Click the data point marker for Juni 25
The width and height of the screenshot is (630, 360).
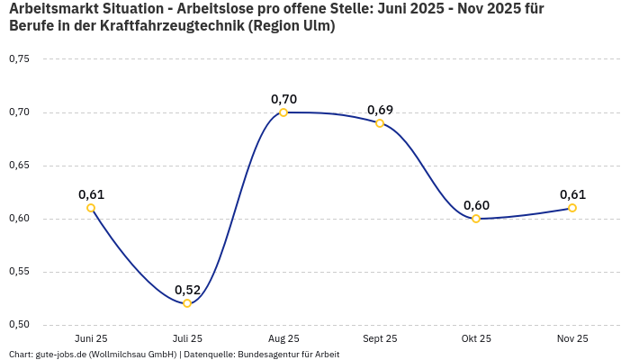(x=91, y=208)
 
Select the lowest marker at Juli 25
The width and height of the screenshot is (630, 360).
(x=187, y=303)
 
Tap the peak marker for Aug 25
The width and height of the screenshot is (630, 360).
(x=283, y=112)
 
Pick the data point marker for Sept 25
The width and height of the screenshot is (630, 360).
(x=380, y=123)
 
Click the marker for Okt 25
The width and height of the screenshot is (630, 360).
(x=476, y=219)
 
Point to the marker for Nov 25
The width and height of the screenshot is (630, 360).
(x=572, y=208)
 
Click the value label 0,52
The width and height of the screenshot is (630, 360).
(x=187, y=290)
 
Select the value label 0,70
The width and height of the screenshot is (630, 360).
(x=283, y=99)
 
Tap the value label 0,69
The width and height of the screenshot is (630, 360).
(x=380, y=110)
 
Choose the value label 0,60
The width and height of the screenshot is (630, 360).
(x=476, y=205)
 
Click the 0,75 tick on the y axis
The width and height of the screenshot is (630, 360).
(x=19, y=59)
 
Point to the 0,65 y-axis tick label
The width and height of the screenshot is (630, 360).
(x=19, y=166)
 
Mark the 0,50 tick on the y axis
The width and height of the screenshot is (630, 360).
(x=19, y=325)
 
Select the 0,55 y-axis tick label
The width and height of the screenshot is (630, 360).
(x=19, y=272)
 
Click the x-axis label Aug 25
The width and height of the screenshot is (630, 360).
(x=283, y=338)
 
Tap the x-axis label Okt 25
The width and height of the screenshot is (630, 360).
(x=476, y=338)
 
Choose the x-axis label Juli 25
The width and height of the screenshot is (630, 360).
(x=187, y=338)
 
